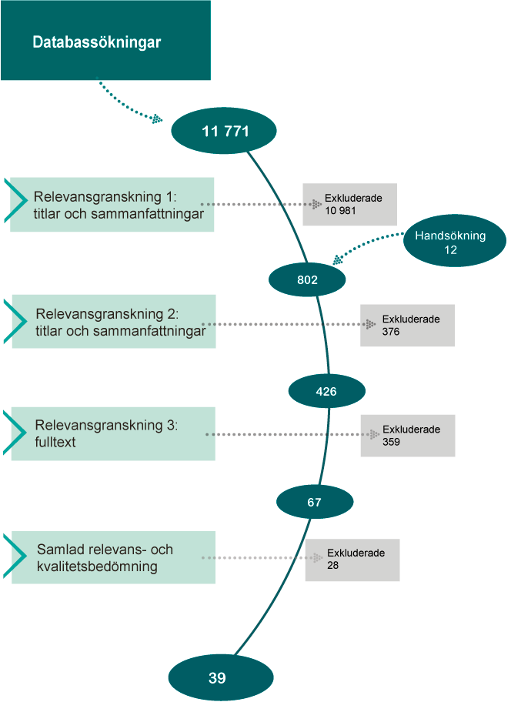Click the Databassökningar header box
105,41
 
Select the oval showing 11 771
225,131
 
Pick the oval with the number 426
326,391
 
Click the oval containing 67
314,502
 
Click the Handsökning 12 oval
450,242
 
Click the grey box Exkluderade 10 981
349,204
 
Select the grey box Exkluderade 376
407,325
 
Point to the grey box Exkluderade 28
353,558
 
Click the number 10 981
340,211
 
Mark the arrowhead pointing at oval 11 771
157,119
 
